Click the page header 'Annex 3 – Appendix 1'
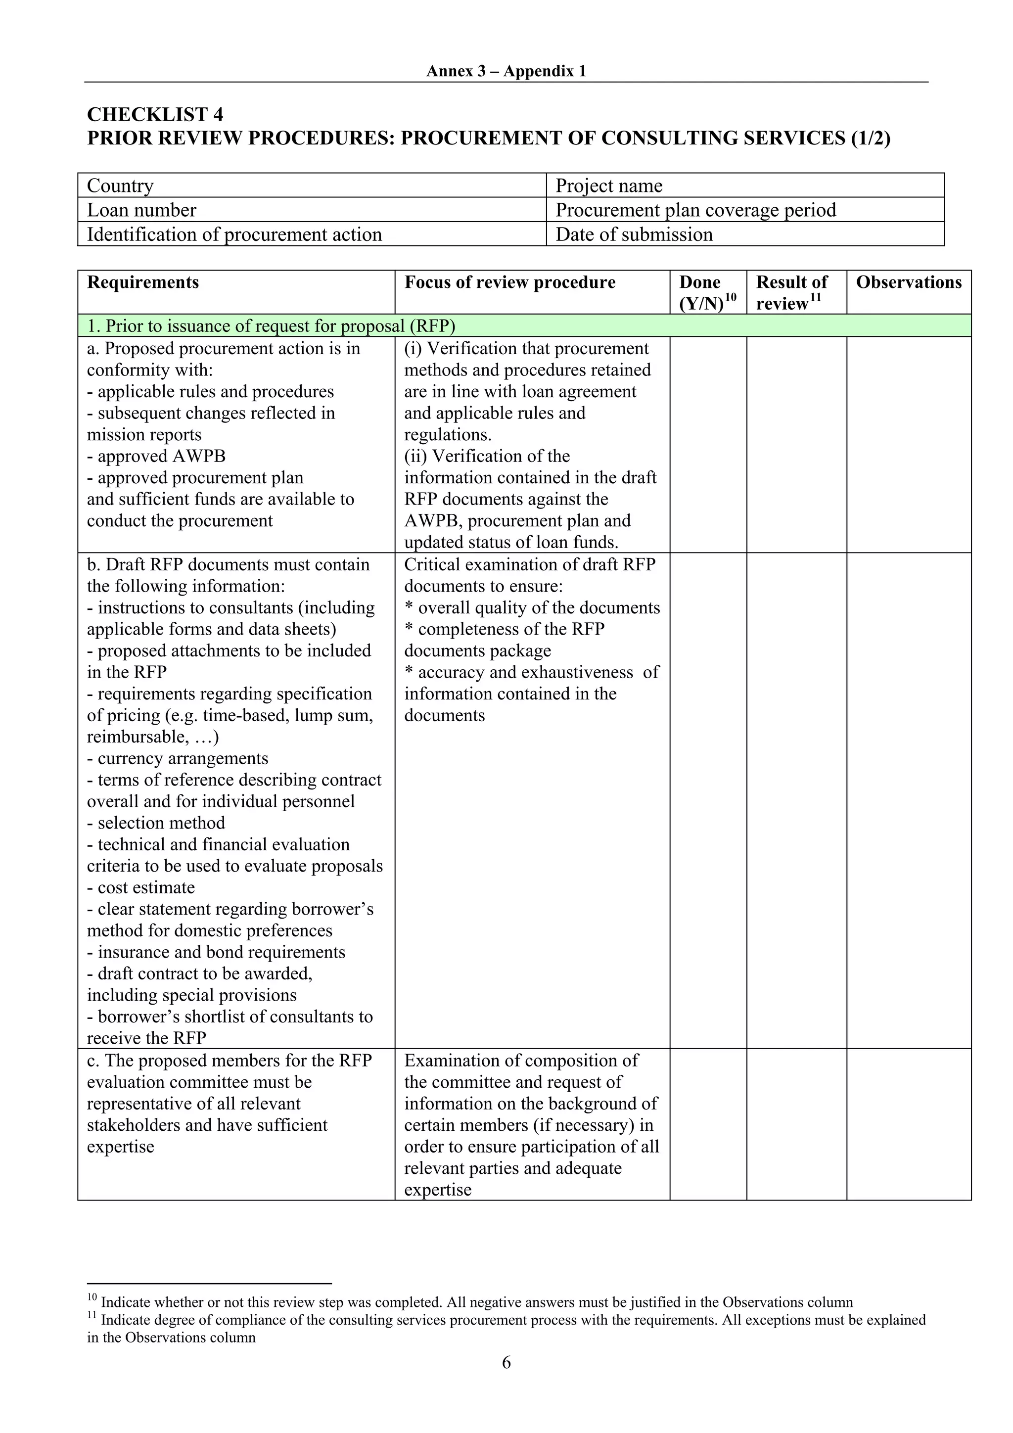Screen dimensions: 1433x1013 coord(506,71)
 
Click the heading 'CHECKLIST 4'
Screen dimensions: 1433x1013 coord(155,115)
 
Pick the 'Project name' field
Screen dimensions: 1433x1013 coord(744,185)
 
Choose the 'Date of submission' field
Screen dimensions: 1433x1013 coord(744,234)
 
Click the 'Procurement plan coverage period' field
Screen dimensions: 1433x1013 coord(744,210)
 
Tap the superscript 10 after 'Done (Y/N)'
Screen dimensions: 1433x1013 coord(731,298)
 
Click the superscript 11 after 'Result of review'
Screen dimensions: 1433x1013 coord(815,298)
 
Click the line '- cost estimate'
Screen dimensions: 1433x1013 coord(140,887)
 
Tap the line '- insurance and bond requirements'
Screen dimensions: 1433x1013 coord(216,952)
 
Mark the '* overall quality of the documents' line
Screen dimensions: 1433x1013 coord(532,608)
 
